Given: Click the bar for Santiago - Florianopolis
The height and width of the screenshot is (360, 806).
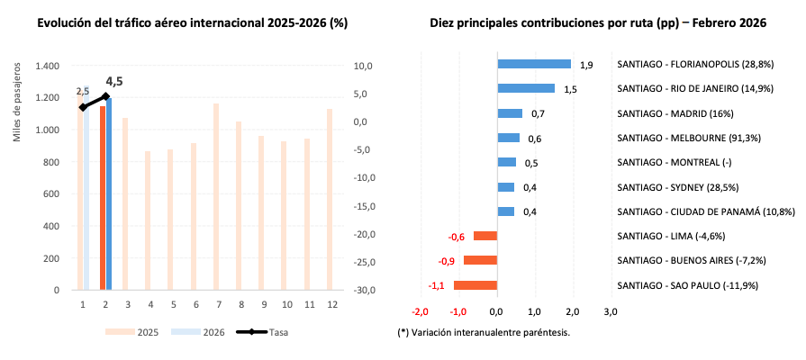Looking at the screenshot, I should pos(534,64).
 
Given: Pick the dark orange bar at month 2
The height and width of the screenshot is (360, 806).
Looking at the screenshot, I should pos(103,198).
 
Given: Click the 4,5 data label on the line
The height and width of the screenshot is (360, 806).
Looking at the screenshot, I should pos(114,82).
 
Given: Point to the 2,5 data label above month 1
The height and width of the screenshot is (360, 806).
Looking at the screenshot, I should pos(82,92).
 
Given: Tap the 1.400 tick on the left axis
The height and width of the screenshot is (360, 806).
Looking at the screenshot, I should pos(46,67).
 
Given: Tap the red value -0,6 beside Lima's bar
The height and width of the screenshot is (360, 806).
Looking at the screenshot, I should pos(457,237).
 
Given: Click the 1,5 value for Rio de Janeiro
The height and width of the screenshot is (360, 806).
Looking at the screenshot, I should pos(570,89).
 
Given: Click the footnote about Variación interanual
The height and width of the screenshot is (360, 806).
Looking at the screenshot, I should pos(484,332).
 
